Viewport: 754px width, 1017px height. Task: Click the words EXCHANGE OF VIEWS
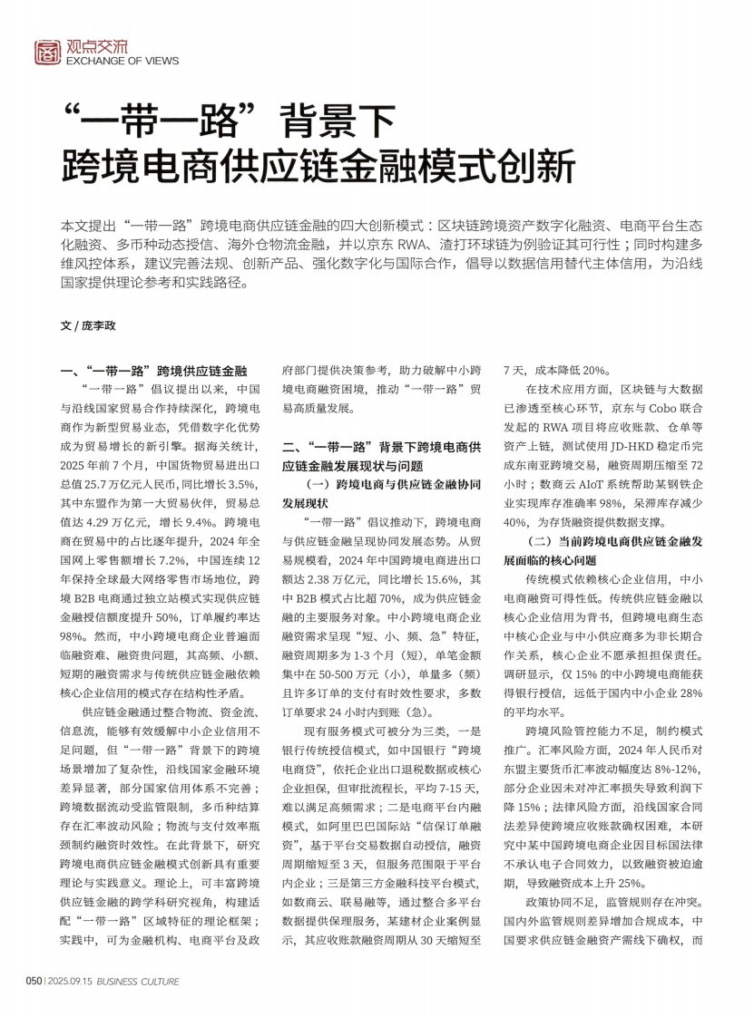pos(122,62)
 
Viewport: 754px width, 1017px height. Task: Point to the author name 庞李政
pos(100,324)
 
